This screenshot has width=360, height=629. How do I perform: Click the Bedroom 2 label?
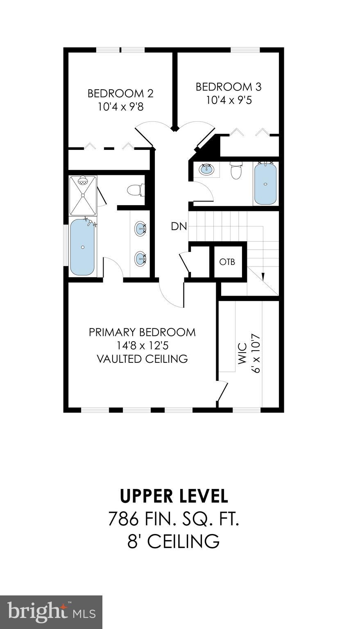[120, 93]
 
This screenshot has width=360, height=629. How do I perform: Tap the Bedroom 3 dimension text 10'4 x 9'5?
[229, 100]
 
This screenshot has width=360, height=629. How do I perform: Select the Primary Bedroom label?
[142, 332]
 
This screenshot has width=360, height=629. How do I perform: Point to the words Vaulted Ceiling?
[142, 359]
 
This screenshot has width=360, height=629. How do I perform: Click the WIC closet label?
[242, 354]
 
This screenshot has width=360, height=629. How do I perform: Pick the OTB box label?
[227, 262]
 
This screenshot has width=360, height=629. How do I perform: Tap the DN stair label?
[179, 226]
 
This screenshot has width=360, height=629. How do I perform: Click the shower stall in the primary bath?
[83, 195]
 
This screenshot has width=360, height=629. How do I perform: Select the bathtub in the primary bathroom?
[82, 247]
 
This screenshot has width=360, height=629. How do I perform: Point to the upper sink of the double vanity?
[140, 228]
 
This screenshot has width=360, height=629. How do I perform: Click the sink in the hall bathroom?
[206, 169]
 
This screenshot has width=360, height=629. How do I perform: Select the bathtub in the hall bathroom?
[265, 183]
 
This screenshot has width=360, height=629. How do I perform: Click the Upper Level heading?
[174, 496]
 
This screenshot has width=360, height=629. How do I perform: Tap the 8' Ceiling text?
[174, 541]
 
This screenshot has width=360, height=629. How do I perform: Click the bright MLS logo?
[51, 612]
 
